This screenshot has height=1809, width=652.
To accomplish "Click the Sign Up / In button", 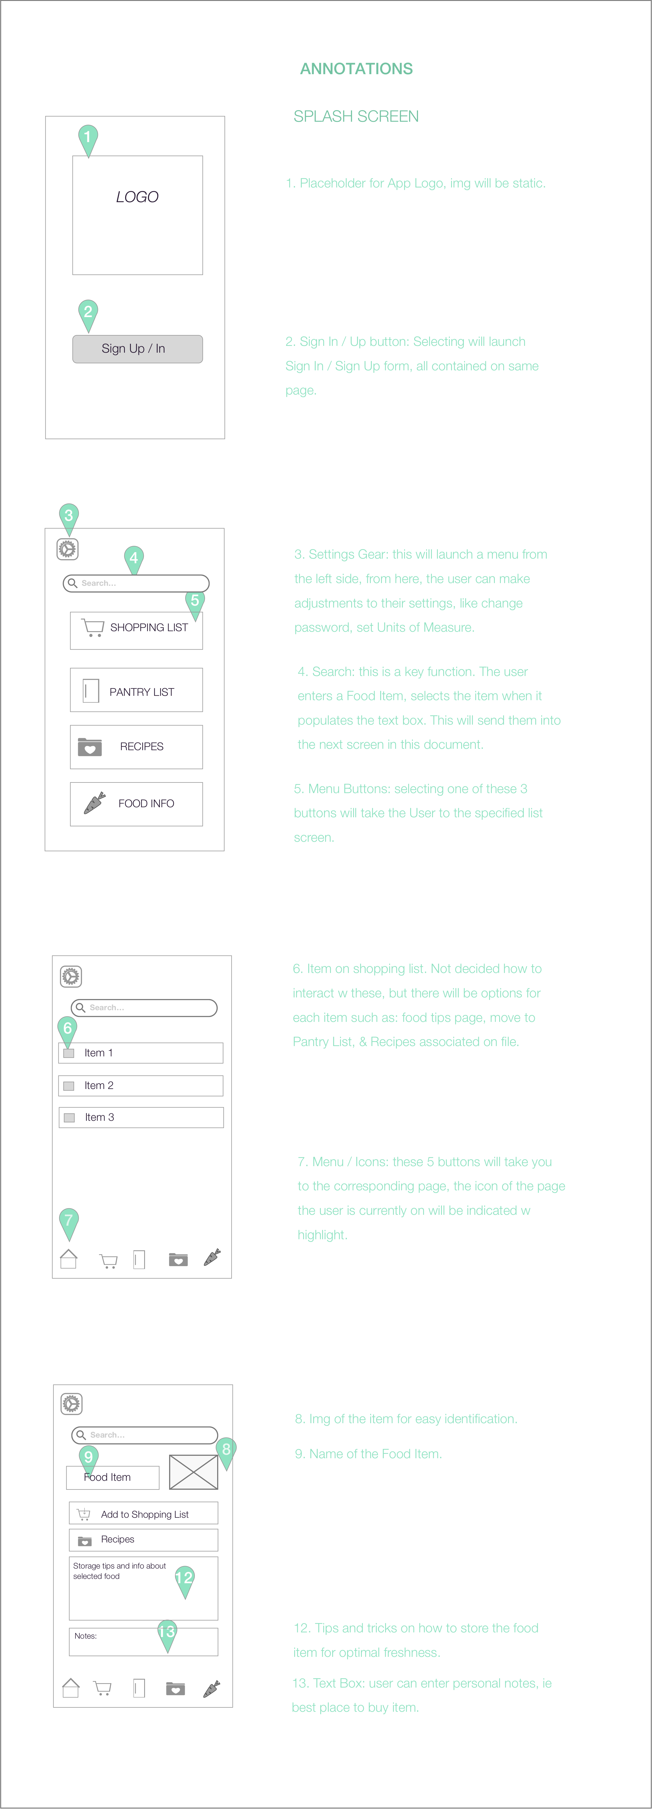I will [138, 349].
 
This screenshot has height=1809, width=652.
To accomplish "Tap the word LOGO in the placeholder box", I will [138, 197].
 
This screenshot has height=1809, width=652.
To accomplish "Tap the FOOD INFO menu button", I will [136, 804].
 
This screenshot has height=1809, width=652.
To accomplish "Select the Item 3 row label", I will [100, 1117].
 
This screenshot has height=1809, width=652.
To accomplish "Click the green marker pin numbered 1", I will [88, 138].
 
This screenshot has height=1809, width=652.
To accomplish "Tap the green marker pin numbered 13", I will [167, 1633].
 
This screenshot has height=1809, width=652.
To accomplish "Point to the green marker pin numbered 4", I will [134, 559].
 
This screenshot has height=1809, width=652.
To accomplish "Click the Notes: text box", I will [143, 1642].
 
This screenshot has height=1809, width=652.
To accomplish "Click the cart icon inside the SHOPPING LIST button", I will [93, 627].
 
